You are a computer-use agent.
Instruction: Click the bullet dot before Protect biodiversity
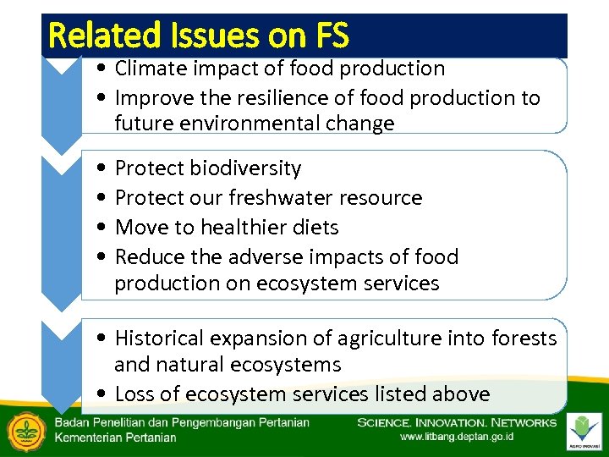[101, 169]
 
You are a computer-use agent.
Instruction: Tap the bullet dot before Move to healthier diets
[101, 228]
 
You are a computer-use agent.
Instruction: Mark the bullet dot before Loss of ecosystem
[101, 395]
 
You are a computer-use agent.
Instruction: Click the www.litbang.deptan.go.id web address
[456, 438]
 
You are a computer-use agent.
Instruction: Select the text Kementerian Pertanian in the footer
[116, 438]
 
